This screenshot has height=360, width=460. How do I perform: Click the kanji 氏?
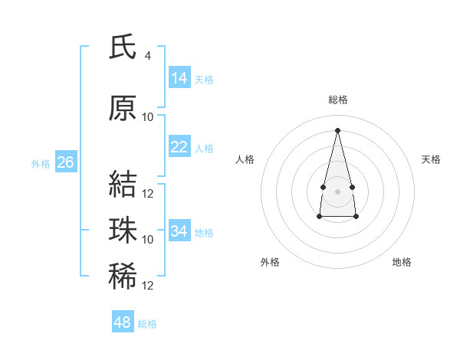123,46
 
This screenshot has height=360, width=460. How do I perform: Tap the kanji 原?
123,108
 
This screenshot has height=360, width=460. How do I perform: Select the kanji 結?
123,184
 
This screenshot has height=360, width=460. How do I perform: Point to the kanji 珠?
123,230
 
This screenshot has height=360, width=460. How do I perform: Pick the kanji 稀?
123,276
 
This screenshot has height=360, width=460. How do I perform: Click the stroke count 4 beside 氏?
147,56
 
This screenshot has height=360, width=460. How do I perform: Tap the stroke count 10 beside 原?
147,117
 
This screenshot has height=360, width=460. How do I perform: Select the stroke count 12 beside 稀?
147,286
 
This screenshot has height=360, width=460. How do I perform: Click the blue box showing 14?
179,77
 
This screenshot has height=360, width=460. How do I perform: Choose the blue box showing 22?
179,146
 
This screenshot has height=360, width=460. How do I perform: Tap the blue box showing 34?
179,230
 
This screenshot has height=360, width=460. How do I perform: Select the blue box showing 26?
66,162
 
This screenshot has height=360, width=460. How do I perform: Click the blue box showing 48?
123,321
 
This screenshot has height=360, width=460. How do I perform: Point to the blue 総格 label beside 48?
147,324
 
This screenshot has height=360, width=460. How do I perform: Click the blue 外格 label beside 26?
41,164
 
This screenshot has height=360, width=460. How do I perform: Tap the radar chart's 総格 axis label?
338,100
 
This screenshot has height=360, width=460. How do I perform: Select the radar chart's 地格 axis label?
402,262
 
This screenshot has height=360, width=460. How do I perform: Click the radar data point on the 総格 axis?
337,130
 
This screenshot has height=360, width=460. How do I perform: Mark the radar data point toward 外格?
320,216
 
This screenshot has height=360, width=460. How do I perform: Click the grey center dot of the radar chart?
337,191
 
